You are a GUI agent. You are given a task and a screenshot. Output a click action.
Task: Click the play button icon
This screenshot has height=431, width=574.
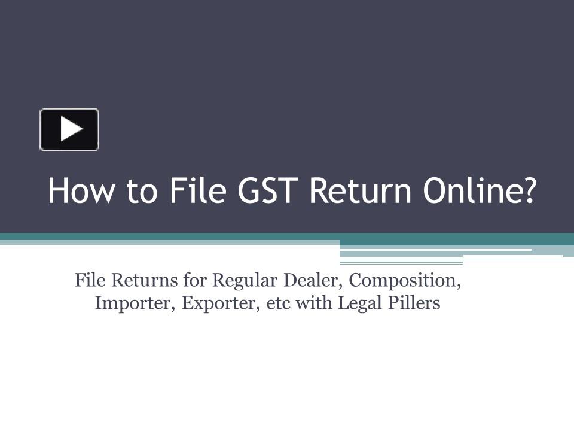69,129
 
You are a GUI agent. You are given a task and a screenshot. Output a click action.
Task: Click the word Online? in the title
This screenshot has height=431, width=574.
478,190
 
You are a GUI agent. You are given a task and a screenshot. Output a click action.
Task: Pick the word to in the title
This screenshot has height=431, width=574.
141,190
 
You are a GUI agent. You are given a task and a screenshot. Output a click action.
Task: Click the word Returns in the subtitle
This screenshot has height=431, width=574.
136,280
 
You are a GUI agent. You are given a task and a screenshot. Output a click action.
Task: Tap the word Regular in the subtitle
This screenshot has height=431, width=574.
238,281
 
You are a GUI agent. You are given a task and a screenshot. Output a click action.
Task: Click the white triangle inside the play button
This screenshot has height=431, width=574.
71,129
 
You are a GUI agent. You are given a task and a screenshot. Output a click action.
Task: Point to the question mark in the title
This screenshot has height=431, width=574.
526,190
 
